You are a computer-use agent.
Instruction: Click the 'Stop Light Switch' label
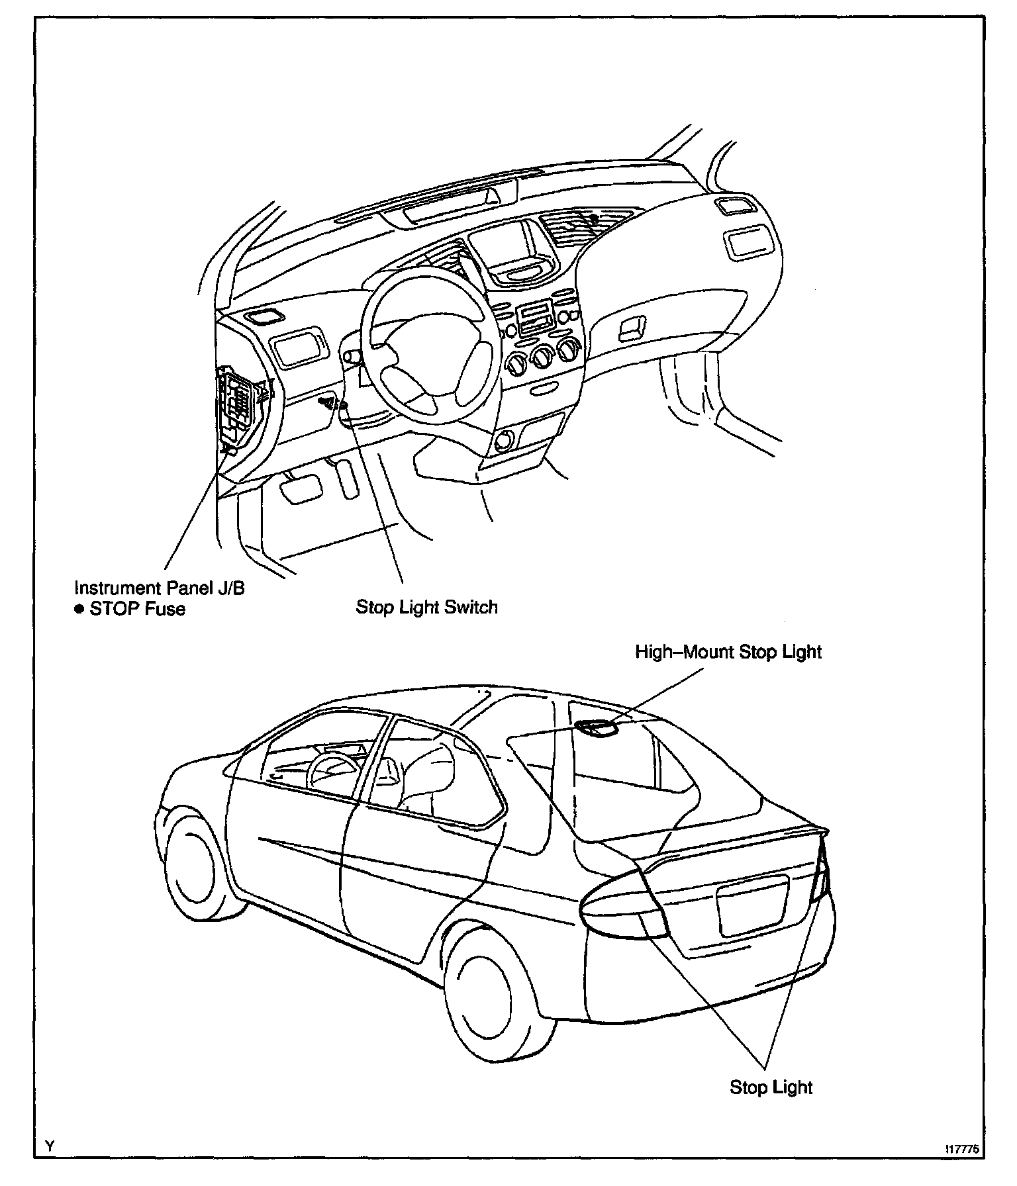(426, 607)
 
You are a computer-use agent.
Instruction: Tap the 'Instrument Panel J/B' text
(160, 588)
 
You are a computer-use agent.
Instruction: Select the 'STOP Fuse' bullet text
(137, 609)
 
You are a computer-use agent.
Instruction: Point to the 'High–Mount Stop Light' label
(728, 652)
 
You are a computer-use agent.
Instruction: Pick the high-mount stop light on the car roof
(597, 728)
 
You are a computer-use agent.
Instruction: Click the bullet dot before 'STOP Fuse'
(79, 609)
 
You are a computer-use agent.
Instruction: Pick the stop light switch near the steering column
(331, 402)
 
